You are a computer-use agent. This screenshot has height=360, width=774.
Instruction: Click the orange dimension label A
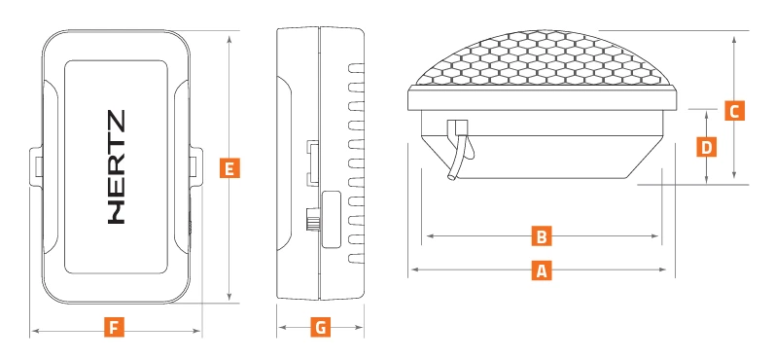tap(542, 270)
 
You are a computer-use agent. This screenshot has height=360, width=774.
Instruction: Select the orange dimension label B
tap(542, 236)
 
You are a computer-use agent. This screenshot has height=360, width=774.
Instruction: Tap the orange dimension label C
tap(734, 111)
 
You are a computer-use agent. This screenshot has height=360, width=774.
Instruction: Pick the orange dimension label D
tap(707, 147)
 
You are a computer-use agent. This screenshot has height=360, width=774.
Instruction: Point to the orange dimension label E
tap(229, 168)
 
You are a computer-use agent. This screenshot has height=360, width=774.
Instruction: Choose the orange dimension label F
tap(114, 327)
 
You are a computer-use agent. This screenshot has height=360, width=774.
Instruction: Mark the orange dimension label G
tap(321, 327)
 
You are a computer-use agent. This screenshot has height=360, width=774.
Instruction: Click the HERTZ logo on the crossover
tap(117, 167)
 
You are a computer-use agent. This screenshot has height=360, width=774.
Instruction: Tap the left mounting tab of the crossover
tap(36, 167)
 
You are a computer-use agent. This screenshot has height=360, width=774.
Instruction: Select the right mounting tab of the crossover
tap(195, 167)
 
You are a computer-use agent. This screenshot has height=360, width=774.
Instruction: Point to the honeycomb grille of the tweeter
tap(542, 58)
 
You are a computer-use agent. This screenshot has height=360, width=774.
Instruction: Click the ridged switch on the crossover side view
tap(312, 219)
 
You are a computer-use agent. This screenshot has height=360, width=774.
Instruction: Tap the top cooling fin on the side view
tap(357, 68)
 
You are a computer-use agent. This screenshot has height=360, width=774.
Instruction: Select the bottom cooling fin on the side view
tap(357, 258)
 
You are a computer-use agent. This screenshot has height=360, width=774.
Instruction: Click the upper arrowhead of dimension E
tap(229, 39)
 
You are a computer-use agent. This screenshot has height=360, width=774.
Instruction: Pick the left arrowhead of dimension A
tap(415, 270)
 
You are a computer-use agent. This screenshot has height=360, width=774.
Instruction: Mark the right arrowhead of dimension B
tap(654, 236)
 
